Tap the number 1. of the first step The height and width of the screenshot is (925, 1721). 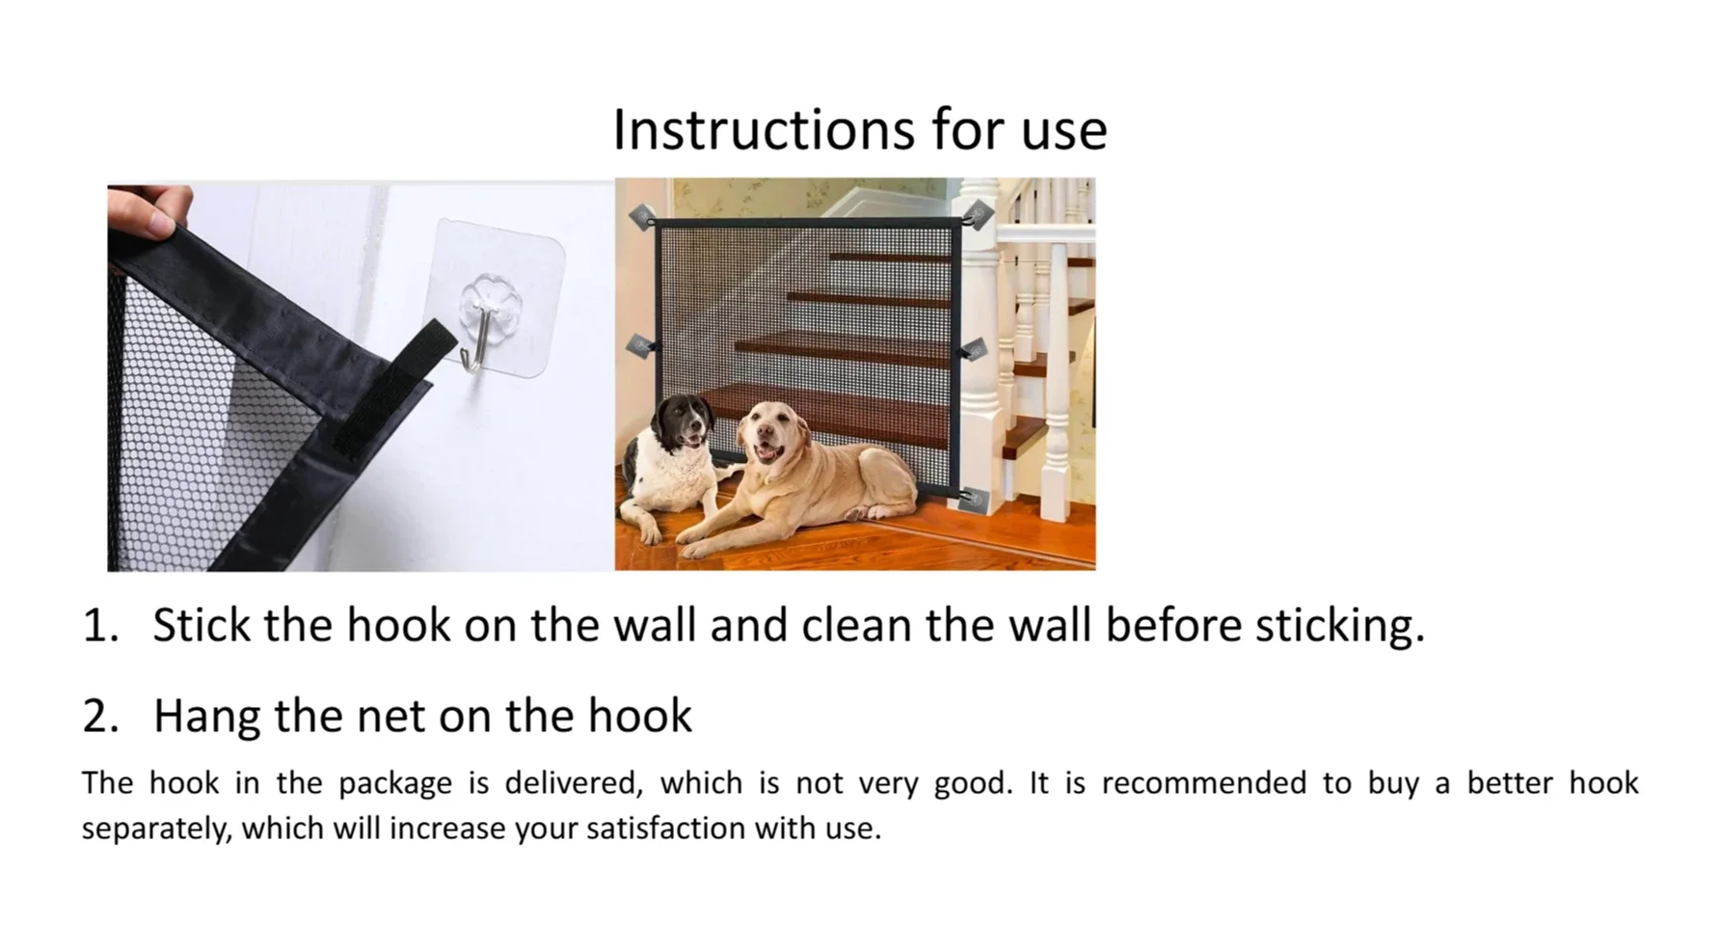(100, 625)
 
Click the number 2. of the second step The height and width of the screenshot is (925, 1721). (100, 716)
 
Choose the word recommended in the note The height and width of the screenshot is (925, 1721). (1203, 782)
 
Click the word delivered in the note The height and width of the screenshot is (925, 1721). (573, 782)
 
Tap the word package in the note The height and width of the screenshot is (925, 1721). (394, 782)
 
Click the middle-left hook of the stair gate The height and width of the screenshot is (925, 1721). (641, 345)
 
